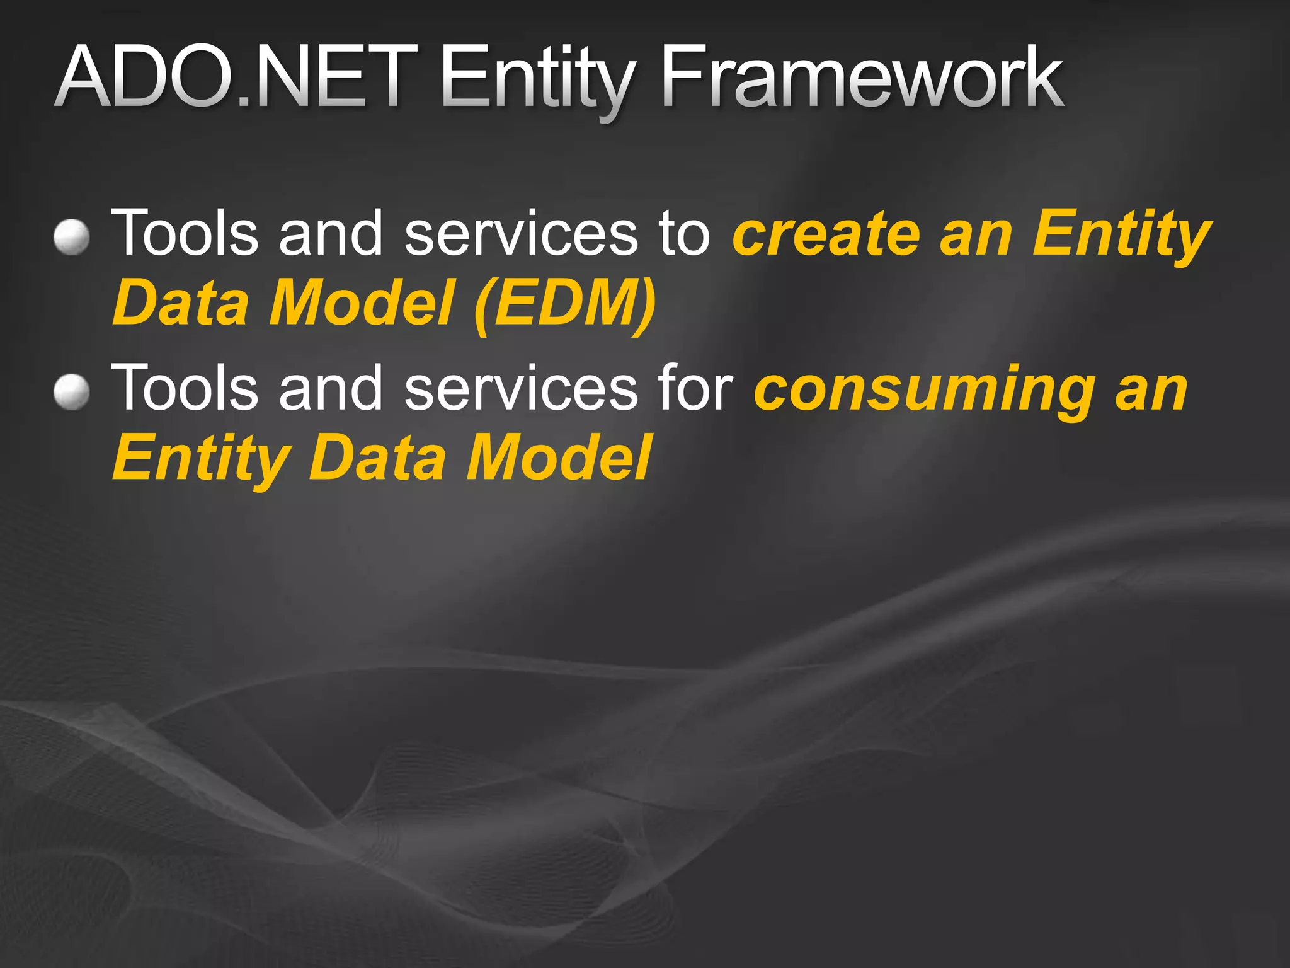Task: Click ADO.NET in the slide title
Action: click(236, 77)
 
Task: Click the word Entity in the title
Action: click(536, 79)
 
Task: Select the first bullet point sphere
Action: click(71, 238)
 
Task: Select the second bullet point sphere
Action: click(71, 392)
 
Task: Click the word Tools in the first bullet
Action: click(185, 233)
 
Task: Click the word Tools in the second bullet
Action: click(185, 388)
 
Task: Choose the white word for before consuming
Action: click(695, 387)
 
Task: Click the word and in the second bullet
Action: click(331, 388)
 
